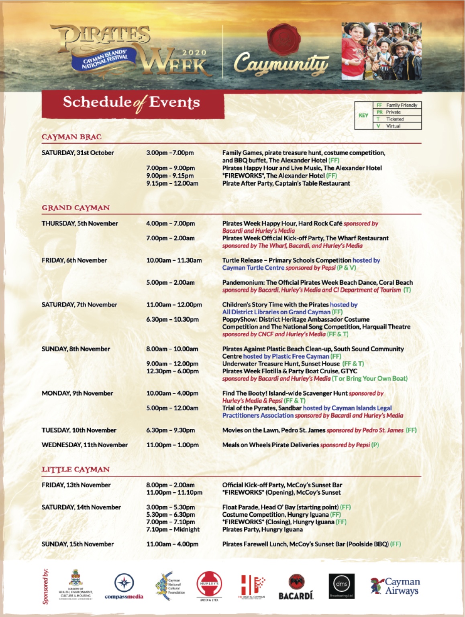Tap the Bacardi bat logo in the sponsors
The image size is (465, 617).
coord(296,587)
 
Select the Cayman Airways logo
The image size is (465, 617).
coord(395,586)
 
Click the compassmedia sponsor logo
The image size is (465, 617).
coord(124,586)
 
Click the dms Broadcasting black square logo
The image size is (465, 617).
coord(341,586)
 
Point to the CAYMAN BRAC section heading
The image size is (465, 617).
coord(71,137)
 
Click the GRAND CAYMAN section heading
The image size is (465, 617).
coord(75,208)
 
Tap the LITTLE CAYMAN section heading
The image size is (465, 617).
coord(75,469)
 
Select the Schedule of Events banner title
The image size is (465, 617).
coord(131,103)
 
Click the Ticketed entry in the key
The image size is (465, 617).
coord(395,119)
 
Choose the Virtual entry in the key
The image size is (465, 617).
coord(393,126)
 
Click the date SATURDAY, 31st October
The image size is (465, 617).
coord(78,153)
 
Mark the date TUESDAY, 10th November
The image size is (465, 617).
coord(79,430)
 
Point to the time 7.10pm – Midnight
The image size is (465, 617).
coord(173,530)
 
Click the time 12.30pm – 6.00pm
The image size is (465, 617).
coord(172,371)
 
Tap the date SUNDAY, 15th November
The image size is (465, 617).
coord(78,544)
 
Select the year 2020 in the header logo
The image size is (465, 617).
coord(194,53)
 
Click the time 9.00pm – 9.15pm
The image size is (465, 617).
coord(170,176)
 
